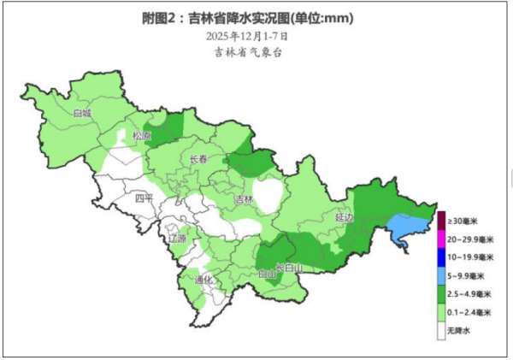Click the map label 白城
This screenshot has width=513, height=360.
[82, 112]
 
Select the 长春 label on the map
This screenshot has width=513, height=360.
[198, 159]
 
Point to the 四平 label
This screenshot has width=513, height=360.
[144, 199]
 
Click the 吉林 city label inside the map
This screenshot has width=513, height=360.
[244, 200]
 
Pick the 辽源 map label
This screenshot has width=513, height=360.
[177, 239]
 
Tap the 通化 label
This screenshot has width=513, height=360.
[203, 279]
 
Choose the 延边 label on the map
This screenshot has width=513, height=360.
[344, 218]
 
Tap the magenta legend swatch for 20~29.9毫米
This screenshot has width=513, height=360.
[441, 238]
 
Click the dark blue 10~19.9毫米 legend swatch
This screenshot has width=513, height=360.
[441, 257]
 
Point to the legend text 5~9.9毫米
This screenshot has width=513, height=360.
[467, 275]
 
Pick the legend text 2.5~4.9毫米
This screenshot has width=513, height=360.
[470, 293]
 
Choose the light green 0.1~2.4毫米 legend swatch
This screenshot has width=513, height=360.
[441, 312]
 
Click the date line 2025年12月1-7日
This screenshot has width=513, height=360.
[247, 36]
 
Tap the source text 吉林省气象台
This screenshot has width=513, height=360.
[247, 52]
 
